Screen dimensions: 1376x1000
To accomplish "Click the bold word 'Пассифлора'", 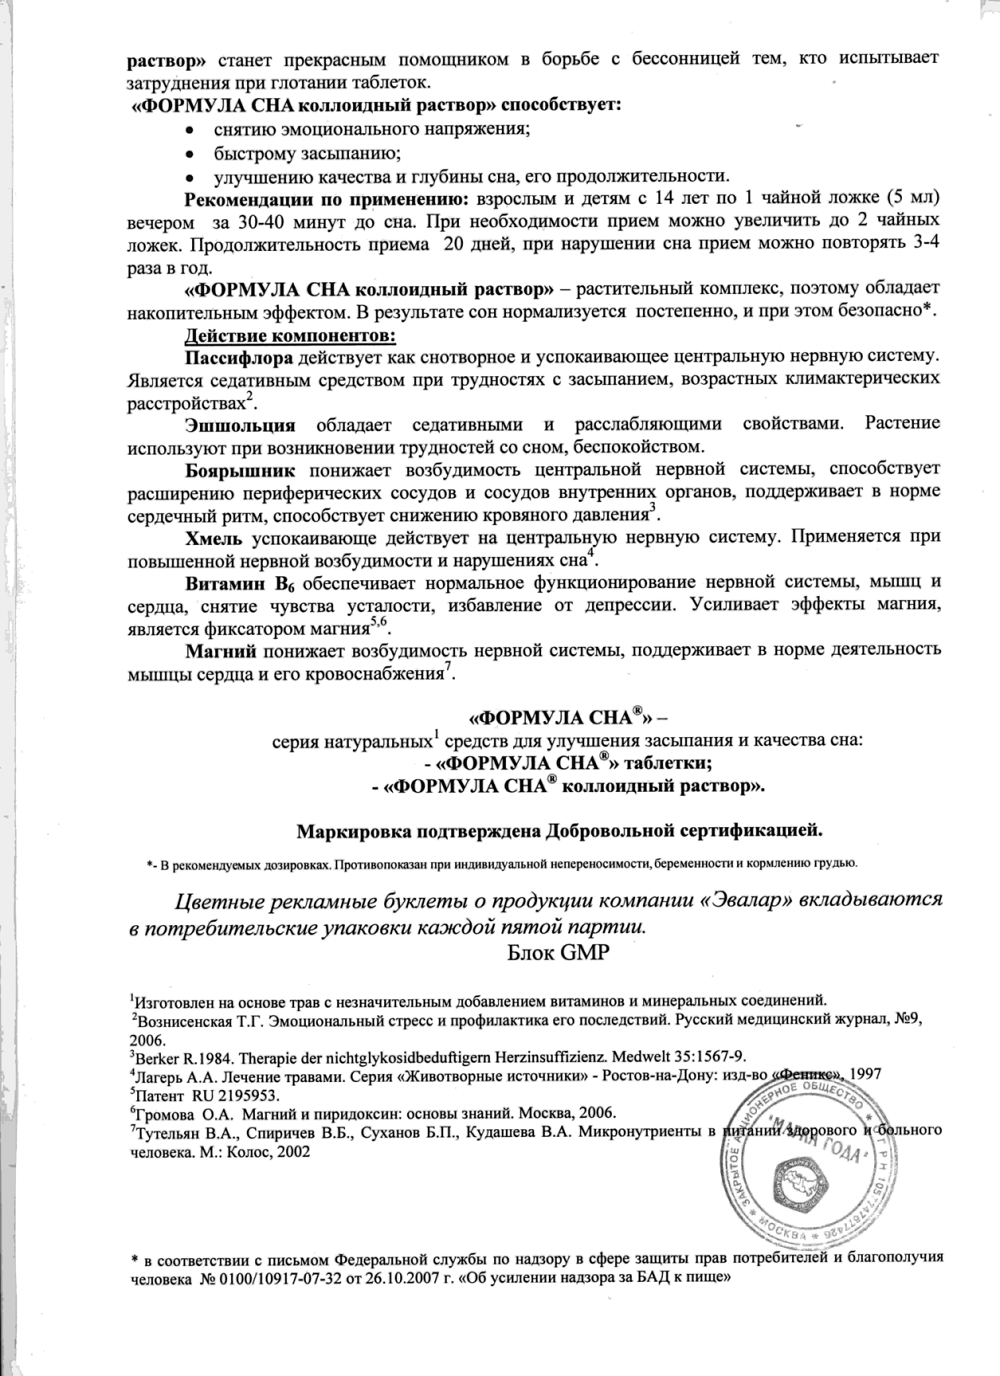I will coord(239,358).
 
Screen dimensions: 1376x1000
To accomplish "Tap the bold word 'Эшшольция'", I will coord(240,425).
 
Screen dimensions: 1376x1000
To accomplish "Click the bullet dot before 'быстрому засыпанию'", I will coord(189,154).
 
